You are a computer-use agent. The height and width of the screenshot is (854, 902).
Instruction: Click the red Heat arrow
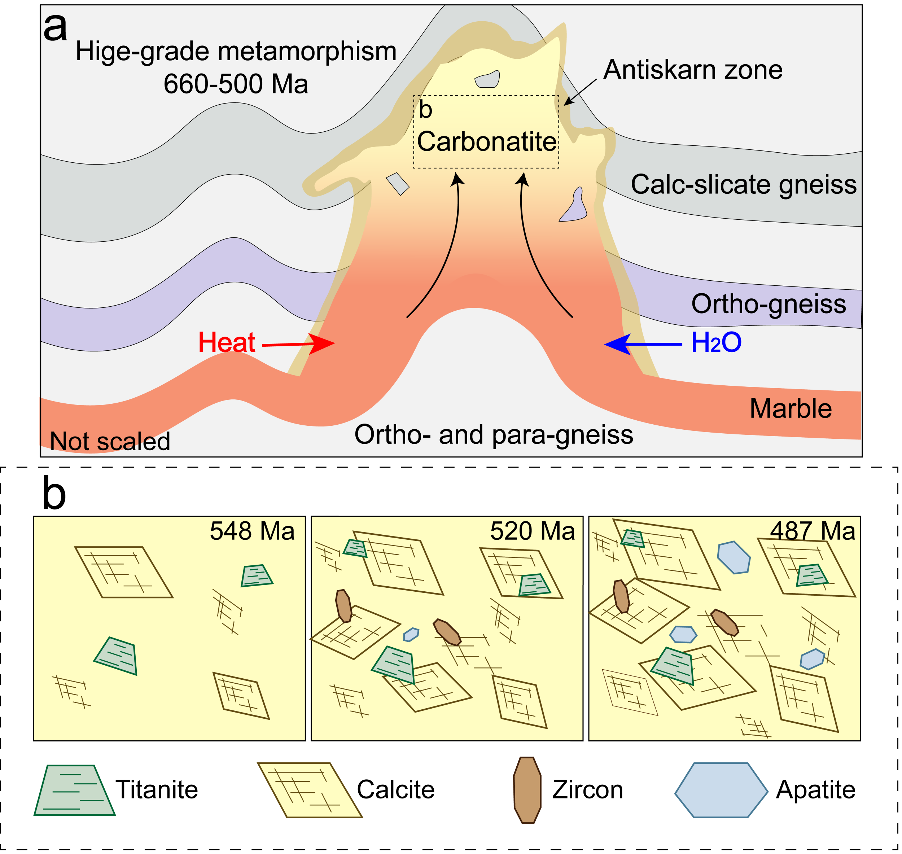(x=301, y=344)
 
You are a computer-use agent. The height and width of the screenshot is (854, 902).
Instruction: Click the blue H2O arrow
(x=642, y=344)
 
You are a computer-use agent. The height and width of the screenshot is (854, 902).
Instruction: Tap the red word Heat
(x=226, y=342)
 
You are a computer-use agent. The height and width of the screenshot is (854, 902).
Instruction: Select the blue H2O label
(x=716, y=342)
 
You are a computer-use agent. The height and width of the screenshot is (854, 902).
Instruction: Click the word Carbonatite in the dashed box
(x=486, y=141)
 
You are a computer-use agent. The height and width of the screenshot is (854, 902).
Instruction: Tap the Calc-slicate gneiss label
(x=743, y=184)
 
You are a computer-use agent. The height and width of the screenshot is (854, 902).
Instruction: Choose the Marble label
(x=791, y=408)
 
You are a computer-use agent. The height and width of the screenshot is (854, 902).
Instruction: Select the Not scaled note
(x=110, y=441)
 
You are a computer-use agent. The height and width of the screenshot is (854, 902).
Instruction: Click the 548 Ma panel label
(x=252, y=531)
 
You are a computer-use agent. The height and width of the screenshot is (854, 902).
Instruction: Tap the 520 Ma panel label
(x=532, y=531)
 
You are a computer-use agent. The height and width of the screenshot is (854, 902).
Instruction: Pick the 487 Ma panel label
(x=812, y=531)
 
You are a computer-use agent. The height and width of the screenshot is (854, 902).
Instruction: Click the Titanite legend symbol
(x=74, y=791)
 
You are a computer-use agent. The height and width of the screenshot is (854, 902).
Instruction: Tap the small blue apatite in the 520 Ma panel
(x=411, y=634)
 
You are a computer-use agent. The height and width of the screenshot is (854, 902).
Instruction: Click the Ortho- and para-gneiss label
(x=494, y=435)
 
